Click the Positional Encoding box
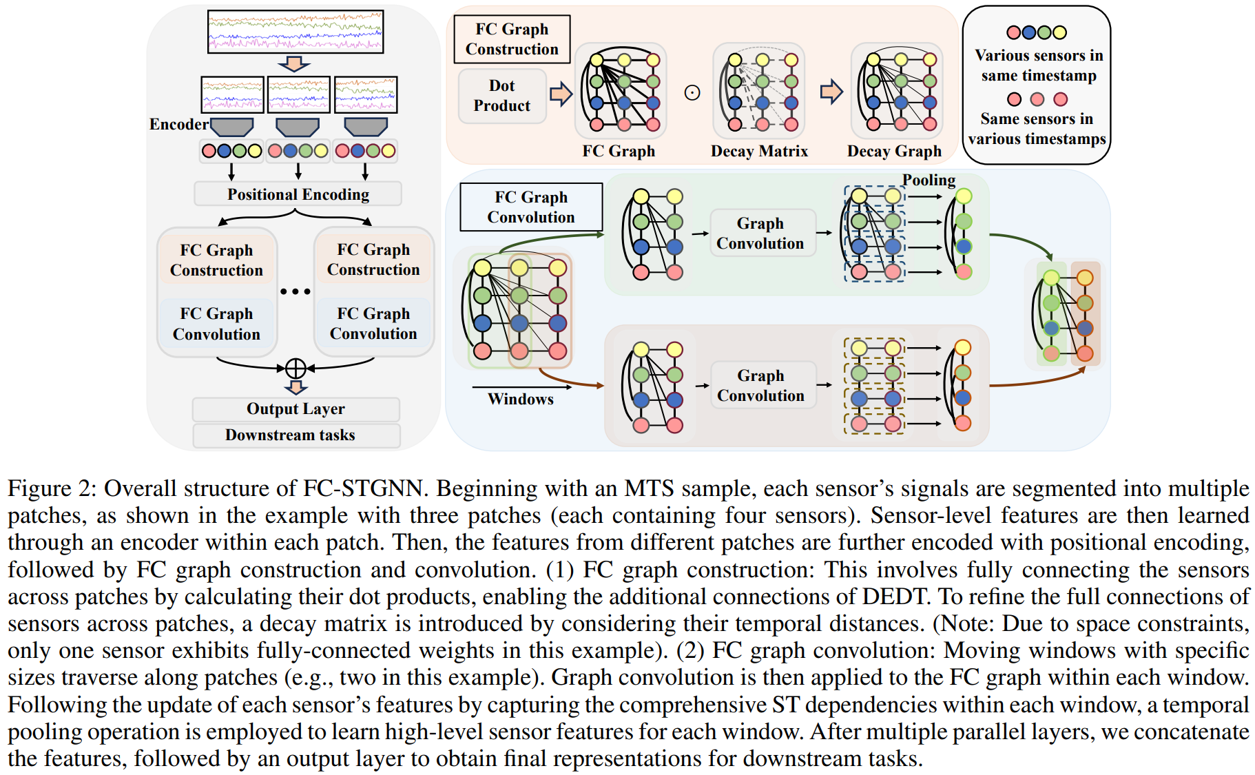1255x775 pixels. (298, 194)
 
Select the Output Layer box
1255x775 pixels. (295, 409)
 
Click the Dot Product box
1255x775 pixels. (501, 96)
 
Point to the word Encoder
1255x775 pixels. (178, 125)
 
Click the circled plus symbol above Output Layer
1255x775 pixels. (295, 369)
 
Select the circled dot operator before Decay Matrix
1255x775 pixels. (692, 93)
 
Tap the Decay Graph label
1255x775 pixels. (894, 152)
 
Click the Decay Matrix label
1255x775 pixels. (759, 152)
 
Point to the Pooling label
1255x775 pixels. (929, 180)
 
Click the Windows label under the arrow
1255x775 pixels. (520, 400)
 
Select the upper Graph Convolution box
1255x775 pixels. (760, 234)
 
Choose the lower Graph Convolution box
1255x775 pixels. (760, 386)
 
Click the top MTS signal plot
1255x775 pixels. (295, 32)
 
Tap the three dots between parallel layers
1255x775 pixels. (295, 291)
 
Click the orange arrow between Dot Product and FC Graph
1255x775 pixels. (561, 93)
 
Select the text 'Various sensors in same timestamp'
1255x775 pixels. (1039, 65)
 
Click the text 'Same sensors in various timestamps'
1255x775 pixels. (1037, 129)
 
